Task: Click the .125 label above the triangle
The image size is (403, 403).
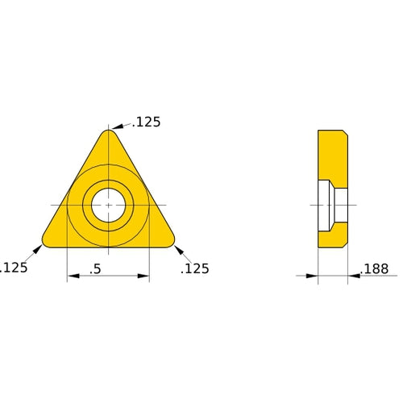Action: point(147,123)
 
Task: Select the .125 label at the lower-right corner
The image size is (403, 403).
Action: point(195,268)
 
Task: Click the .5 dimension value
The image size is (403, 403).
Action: point(95,269)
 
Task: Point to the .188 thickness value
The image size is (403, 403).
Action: point(377,268)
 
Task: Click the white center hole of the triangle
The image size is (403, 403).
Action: point(108,204)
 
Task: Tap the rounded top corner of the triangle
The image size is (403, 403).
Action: point(108,134)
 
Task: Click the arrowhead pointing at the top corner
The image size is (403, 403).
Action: point(117,127)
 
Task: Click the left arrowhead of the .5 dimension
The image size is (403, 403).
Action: point(72,276)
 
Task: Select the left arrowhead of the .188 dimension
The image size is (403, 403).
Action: point(314,276)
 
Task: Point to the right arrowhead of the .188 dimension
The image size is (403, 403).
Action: point(353,276)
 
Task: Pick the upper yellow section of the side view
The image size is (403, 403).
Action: point(332,155)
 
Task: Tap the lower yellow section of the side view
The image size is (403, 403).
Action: point(332,236)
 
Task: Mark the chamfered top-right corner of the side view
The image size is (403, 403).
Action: point(345,132)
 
